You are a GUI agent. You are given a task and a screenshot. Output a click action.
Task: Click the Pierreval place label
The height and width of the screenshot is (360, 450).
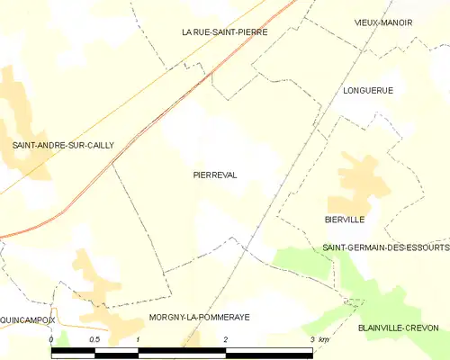point(215,175)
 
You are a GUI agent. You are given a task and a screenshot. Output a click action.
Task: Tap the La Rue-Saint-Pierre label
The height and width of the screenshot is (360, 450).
point(224,31)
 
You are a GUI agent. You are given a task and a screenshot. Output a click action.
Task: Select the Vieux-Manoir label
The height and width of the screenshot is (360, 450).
point(382,22)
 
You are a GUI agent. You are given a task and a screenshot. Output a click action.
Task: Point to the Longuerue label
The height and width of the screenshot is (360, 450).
point(368,91)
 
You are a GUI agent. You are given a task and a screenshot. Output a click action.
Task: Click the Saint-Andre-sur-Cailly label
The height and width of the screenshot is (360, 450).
point(63,144)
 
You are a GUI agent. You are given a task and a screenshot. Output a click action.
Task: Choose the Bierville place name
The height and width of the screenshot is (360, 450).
point(345,219)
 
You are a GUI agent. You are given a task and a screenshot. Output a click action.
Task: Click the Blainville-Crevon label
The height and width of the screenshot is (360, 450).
point(403,328)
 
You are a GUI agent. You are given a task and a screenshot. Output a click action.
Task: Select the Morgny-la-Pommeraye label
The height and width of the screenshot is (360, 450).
point(199,319)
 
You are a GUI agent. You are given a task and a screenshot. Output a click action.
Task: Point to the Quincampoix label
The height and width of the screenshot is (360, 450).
point(27,319)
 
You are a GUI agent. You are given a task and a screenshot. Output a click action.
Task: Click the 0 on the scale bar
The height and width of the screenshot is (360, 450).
point(52,339)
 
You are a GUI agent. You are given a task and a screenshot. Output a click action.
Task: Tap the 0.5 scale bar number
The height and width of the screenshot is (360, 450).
point(94,339)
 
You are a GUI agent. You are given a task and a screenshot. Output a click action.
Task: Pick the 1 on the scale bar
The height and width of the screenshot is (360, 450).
point(138,339)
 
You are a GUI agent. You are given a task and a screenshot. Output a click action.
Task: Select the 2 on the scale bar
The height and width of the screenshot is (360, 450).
point(225,339)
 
